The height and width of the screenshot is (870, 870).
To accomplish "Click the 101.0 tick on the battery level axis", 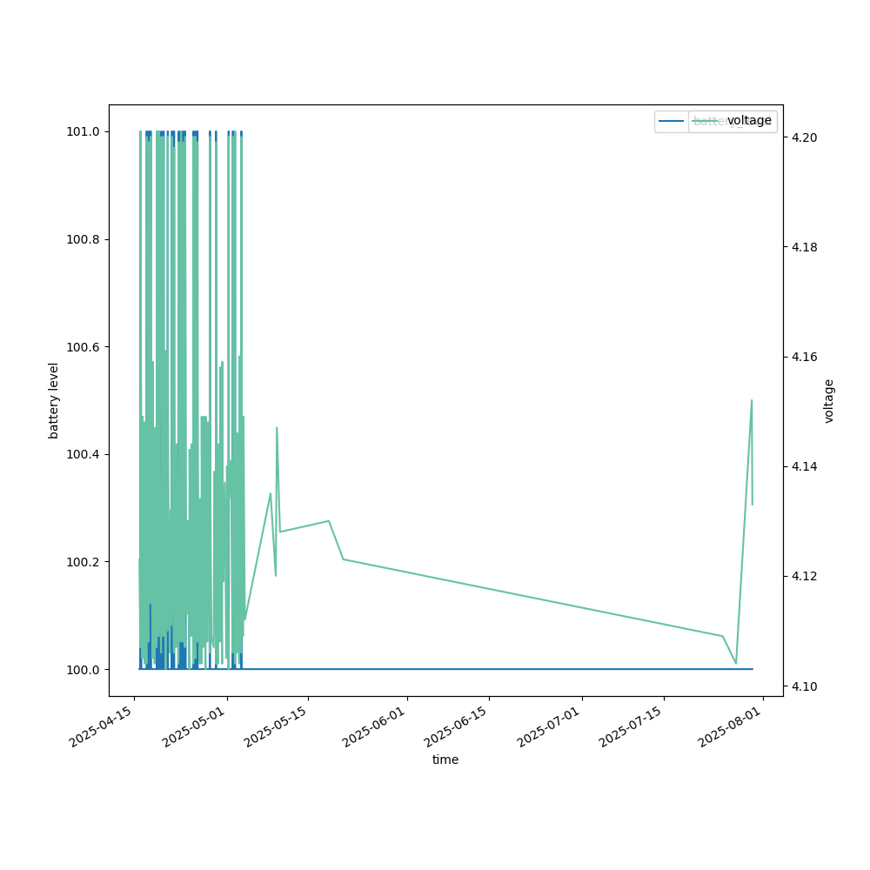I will click(x=84, y=131).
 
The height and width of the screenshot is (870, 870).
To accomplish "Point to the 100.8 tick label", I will click(x=84, y=239).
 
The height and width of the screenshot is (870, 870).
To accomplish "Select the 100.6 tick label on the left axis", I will click(x=84, y=347).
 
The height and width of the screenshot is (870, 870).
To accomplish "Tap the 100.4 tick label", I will click(x=84, y=454).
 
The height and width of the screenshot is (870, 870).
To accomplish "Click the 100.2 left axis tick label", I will click(x=84, y=562).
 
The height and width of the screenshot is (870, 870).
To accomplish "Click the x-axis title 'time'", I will click(x=445, y=760).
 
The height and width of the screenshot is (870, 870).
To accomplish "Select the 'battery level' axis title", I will click(x=54, y=400).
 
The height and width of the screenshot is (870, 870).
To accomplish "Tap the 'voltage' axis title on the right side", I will click(x=829, y=400).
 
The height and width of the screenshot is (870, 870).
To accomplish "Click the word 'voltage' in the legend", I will click(x=749, y=121).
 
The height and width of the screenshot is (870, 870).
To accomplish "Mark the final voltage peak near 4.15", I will click(x=752, y=400).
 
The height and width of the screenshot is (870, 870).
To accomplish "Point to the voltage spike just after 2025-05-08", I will click(x=277, y=427).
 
